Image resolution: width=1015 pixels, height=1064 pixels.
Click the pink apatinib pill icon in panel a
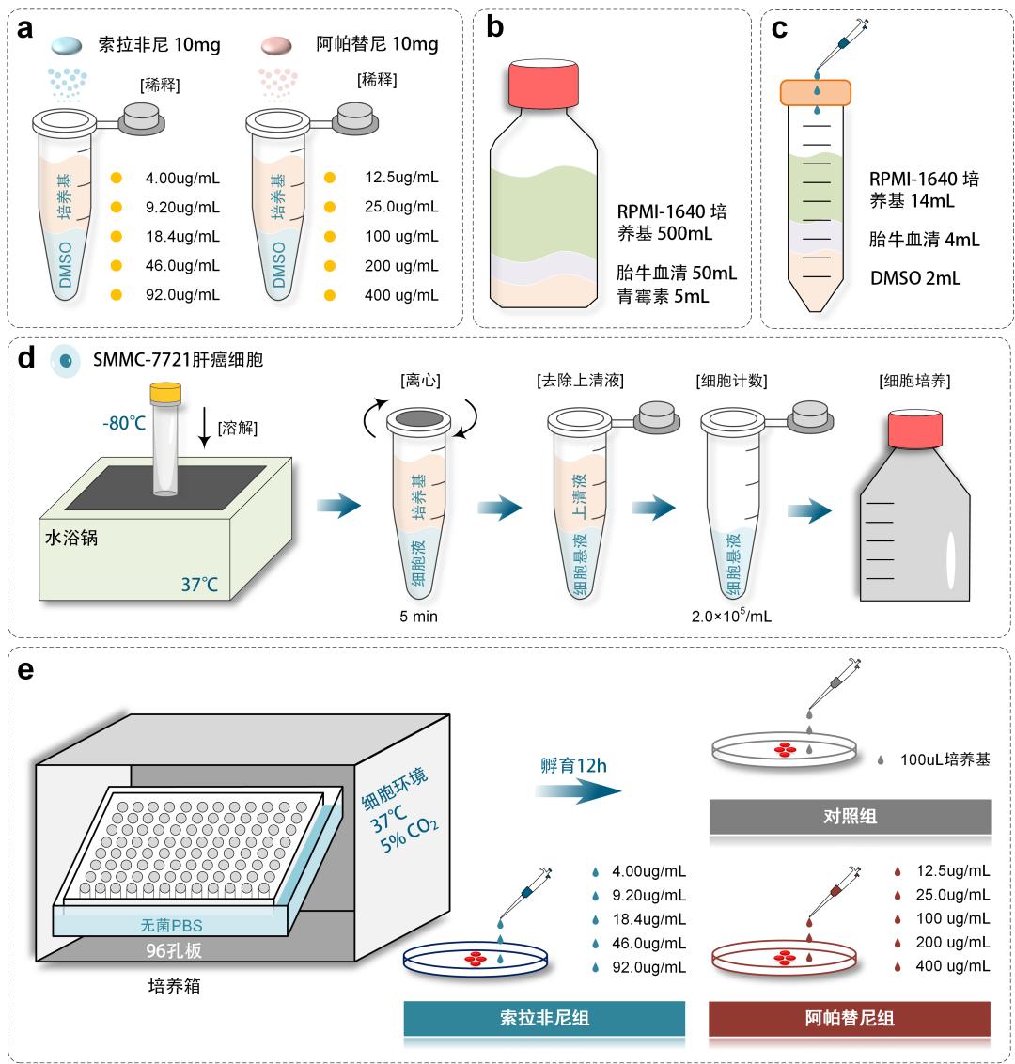[281, 45]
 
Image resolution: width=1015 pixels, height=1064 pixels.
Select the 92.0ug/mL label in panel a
[182, 294]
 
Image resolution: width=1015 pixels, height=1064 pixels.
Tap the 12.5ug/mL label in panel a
[401, 177]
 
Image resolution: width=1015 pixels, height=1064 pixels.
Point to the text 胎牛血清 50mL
[677, 274]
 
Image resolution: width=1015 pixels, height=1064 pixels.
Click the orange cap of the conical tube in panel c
[816, 92]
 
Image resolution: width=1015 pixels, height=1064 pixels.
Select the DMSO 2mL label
[914, 278]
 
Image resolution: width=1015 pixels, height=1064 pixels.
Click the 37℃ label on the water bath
[199, 586]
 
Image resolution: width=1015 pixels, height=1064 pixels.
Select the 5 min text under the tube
[419, 617]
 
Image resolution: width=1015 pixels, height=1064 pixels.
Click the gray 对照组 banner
[850, 816]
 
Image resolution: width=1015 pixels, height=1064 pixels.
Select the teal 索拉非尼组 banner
[544, 1017]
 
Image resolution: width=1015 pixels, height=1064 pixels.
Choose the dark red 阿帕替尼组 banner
[850, 1017]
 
